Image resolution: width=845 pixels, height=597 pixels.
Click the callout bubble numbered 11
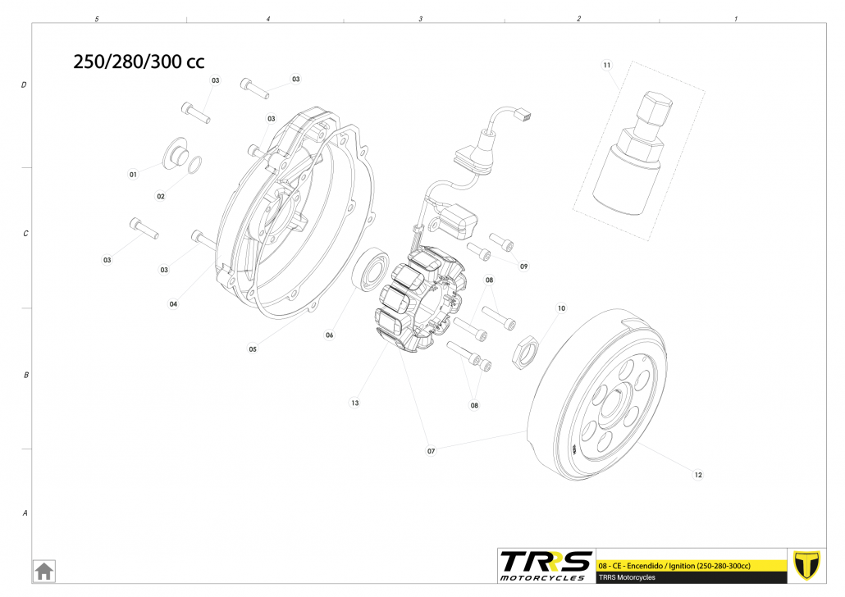click(x=607, y=66)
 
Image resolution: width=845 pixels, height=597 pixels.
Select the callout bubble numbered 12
click(x=698, y=475)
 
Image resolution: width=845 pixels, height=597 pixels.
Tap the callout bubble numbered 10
click(x=561, y=308)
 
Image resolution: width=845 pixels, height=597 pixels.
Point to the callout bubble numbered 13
click(x=354, y=403)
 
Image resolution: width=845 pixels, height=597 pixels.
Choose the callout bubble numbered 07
click(x=432, y=451)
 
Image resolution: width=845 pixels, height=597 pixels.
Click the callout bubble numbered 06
click(x=329, y=335)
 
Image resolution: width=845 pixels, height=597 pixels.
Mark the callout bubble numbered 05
click(x=253, y=349)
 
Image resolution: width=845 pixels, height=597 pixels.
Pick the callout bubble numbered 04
click(x=173, y=304)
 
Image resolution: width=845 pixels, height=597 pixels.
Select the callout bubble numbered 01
click(x=133, y=174)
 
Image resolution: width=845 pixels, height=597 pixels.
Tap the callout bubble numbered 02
click(x=161, y=196)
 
